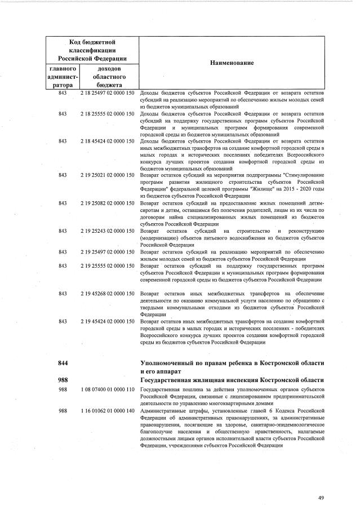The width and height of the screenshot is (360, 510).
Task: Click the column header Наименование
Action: point(232,63)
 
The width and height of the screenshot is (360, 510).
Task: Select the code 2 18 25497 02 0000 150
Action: point(107,92)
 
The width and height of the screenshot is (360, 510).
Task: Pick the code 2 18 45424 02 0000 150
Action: point(107,141)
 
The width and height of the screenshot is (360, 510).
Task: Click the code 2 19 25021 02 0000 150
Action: point(107,175)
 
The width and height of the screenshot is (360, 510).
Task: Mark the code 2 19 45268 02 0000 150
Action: point(107,293)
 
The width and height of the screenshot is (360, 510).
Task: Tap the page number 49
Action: point(321,498)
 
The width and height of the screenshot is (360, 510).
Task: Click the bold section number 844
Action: point(63,362)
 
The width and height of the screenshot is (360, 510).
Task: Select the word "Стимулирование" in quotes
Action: point(304,175)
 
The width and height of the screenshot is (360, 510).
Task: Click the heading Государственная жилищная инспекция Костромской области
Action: point(232,380)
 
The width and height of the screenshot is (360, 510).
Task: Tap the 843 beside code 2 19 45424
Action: point(63,321)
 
